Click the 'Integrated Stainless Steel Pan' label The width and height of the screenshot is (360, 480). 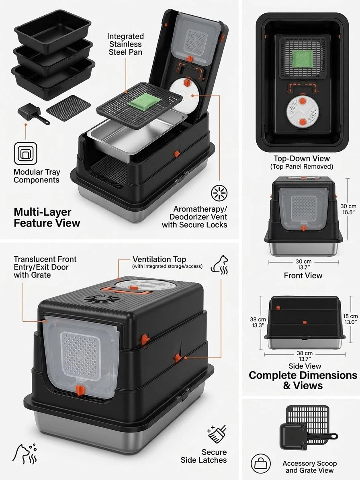(x=125, y=45)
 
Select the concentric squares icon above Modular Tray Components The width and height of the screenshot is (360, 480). (x=26, y=153)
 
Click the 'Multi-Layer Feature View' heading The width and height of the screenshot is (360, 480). (x=47, y=217)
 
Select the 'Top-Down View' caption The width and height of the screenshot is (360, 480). (x=301, y=159)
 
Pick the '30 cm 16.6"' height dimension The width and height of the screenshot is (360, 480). (x=348, y=209)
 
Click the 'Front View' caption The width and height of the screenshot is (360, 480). (x=303, y=276)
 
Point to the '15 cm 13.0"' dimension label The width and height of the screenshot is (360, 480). (x=350, y=319)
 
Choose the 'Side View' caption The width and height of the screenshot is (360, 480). (x=305, y=366)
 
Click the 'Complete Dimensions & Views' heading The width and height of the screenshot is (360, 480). (x=303, y=380)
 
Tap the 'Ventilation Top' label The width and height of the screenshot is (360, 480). (x=159, y=259)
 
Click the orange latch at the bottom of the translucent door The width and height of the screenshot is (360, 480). (x=80, y=390)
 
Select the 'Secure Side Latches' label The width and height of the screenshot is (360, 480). (x=204, y=456)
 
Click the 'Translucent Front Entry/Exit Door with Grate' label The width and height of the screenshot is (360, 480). (x=45, y=267)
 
